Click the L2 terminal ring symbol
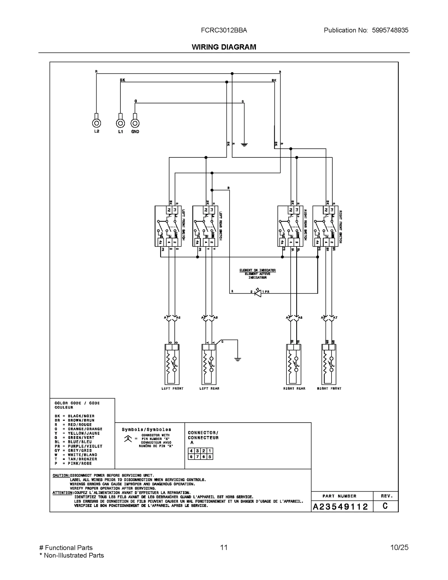coord(96,123)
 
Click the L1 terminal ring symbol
coord(120,123)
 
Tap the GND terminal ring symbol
coord(135,123)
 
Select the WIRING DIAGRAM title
coord(224,47)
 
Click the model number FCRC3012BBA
coord(224,30)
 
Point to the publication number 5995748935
coord(390,30)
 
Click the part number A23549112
coord(340,507)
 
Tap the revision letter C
coord(385,506)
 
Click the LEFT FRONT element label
coord(172,388)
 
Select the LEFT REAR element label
coord(209,388)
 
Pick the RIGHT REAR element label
coord(294,388)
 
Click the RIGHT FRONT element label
coord(329,388)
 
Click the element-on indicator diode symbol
coord(258,293)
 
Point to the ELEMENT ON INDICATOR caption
coord(258,270)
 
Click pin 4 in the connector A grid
coord(191,451)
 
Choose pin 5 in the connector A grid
coord(210,457)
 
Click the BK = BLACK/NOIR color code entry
coord(74,416)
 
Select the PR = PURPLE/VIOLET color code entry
coord(78,446)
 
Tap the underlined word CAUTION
coord(61,476)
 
